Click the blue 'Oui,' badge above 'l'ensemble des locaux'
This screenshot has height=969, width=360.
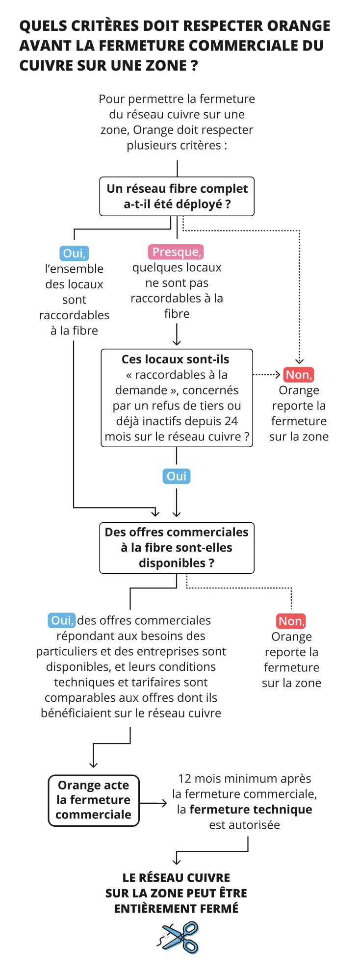pyautogui.click(x=74, y=253)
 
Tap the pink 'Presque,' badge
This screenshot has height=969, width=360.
pyautogui.click(x=176, y=252)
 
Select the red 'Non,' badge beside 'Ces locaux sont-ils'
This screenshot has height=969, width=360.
pyautogui.click(x=298, y=375)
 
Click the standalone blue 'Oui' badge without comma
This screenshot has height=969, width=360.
pyautogui.click(x=177, y=476)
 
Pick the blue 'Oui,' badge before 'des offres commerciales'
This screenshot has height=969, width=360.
pyautogui.click(x=62, y=620)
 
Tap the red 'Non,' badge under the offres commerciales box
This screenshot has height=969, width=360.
pyautogui.click(x=291, y=621)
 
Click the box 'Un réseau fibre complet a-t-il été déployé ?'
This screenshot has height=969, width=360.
pyautogui.click(x=177, y=196)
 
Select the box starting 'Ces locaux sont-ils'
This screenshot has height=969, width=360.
pyautogui.click(x=177, y=398)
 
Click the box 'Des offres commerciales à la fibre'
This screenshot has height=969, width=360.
pyautogui.click(x=177, y=548)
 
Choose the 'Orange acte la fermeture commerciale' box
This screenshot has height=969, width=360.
pyautogui.click(x=94, y=800)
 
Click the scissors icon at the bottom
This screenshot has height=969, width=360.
pyautogui.click(x=180, y=937)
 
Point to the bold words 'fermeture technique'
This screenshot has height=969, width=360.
pyautogui.click(x=251, y=809)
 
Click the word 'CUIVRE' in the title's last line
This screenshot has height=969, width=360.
pyautogui.click(x=44, y=65)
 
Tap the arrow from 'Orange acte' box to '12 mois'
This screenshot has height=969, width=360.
pyautogui.click(x=154, y=803)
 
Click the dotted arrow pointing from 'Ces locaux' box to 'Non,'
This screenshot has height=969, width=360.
pyautogui.click(x=267, y=375)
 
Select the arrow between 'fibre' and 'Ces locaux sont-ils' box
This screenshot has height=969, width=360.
pyautogui.click(x=177, y=335)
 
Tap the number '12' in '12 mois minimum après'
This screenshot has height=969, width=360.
pyautogui.click(x=185, y=779)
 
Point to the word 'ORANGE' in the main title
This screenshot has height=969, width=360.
pyautogui.click(x=298, y=25)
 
